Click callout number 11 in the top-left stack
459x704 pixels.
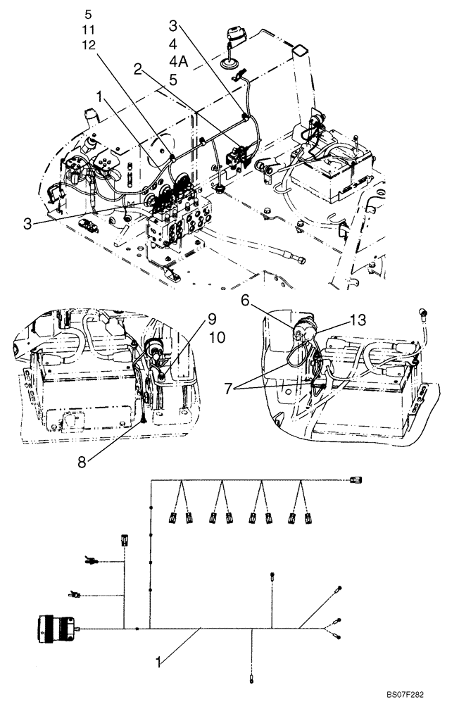(x=88, y=30)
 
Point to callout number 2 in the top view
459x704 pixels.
(x=138, y=68)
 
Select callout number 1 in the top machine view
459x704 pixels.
(x=100, y=94)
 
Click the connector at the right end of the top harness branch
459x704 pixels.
(x=356, y=481)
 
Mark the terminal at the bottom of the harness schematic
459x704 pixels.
(x=251, y=679)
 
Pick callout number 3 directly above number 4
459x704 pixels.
(x=173, y=26)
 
